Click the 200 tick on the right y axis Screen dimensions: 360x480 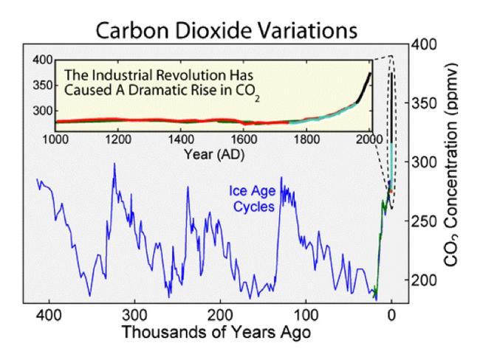422,280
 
